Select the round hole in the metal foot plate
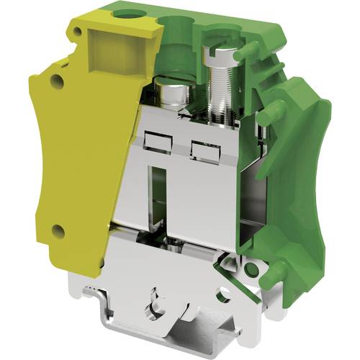point(224,294)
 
